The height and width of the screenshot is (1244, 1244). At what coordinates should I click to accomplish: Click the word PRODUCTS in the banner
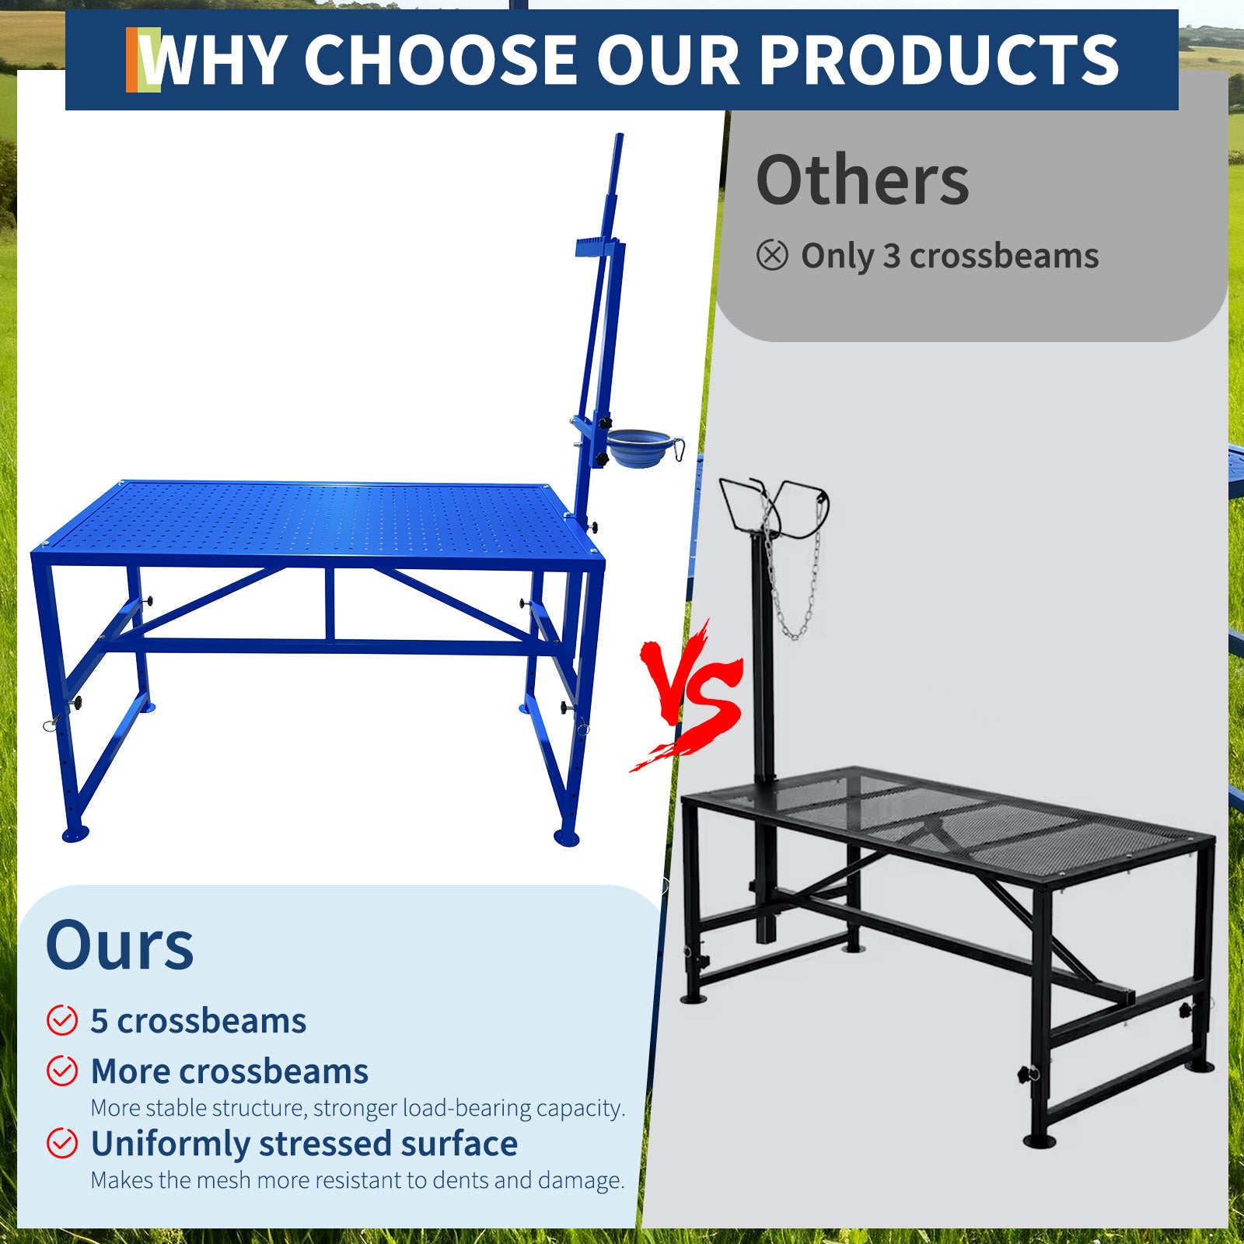(938, 60)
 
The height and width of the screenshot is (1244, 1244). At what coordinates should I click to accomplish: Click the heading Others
(862, 180)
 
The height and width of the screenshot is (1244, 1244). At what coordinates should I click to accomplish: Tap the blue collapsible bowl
(639, 449)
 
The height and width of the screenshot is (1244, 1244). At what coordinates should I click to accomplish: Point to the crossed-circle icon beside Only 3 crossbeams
(772, 255)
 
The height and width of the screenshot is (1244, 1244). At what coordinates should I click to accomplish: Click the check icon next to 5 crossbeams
(62, 1020)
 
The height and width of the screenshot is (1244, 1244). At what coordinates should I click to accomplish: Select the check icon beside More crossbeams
(62, 1071)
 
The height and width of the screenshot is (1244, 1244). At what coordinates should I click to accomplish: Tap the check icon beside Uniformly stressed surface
(62, 1143)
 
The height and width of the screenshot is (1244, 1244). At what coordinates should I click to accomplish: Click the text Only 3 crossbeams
(949, 256)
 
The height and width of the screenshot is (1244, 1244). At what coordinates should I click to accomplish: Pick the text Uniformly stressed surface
(304, 1144)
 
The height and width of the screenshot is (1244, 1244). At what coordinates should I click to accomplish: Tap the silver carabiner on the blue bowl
(678, 449)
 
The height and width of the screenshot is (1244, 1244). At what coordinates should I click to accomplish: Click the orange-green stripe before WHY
(143, 60)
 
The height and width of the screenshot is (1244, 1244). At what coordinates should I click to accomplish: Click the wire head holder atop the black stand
(774, 507)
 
